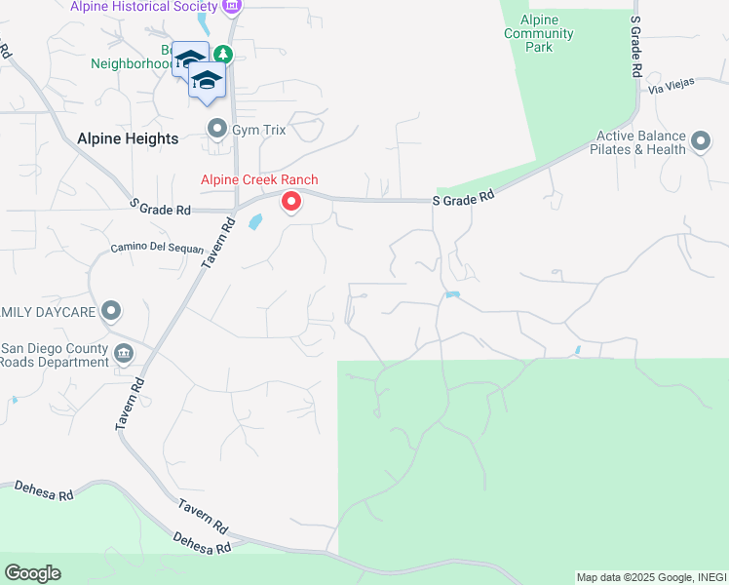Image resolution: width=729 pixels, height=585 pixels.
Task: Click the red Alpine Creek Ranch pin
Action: [290, 202]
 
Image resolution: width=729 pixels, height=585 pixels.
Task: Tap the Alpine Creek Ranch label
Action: [259, 179]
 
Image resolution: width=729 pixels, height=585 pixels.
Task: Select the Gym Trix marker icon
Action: [216, 129]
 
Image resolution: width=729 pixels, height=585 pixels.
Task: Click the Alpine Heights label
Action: [128, 138]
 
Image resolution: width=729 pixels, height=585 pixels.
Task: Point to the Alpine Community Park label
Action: [539, 33]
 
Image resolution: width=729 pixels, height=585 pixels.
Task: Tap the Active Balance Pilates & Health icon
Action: [700, 143]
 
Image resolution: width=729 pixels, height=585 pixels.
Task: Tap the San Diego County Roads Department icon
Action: [124, 353]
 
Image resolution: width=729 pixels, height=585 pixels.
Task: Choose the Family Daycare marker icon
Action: [111, 312]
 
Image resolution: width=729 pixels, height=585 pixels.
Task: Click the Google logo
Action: [32, 572]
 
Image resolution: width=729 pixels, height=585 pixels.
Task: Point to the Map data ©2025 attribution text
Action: [650, 577]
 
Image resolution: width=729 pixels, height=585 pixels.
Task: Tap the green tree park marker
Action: [225, 55]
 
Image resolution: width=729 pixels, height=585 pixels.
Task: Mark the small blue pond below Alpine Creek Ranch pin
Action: [255, 222]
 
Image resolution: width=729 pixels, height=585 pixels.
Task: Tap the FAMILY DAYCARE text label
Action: [48, 312]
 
